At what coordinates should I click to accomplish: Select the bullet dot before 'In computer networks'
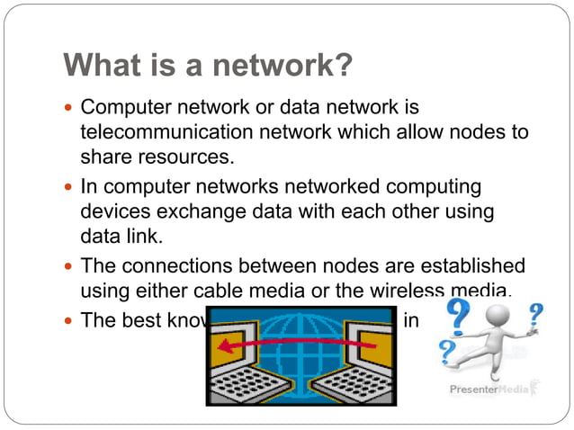click(x=69, y=188)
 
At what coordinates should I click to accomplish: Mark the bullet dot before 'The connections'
click(x=69, y=267)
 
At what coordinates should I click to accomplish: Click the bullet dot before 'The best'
click(x=69, y=320)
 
